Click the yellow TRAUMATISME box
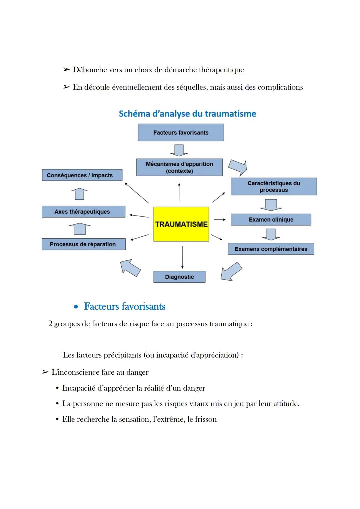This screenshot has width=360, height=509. [x=181, y=224]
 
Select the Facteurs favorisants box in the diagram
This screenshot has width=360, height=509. [x=181, y=133]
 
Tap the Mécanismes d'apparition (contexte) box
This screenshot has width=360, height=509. [x=179, y=167]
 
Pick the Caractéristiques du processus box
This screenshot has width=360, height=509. [x=274, y=187]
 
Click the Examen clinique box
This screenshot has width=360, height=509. [x=271, y=220]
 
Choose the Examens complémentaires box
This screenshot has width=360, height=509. [x=271, y=249]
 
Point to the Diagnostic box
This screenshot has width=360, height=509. [x=179, y=277]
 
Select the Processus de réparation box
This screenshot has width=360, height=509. [x=83, y=244]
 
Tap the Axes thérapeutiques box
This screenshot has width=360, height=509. [x=83, y=212]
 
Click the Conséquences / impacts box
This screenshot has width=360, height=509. [x=82, y=175]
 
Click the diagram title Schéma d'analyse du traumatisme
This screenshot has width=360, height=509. [x=187, y=114]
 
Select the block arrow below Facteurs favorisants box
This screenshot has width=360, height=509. [x=179, y=150]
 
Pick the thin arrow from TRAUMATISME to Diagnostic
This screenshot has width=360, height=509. [x=182, y=257]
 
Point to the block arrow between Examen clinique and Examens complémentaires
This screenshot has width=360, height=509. [x=271, y=234]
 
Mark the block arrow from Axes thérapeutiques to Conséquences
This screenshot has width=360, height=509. [x=79, y=194]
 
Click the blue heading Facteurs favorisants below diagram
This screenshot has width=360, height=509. [x=124, y=306]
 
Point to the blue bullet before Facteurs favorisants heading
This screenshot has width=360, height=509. [x=76, y=307]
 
